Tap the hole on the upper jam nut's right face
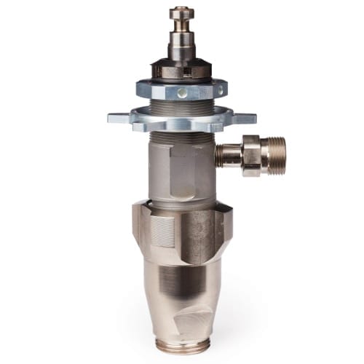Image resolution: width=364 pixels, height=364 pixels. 215,90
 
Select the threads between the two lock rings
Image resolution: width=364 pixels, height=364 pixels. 181,103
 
